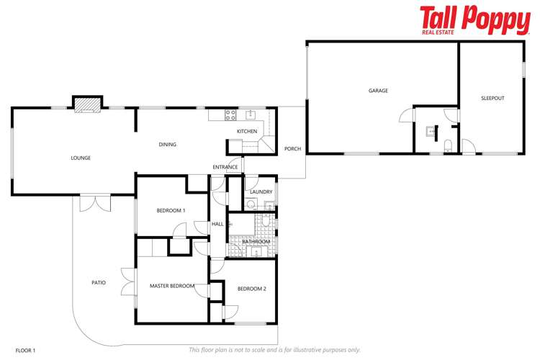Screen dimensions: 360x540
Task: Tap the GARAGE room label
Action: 378,91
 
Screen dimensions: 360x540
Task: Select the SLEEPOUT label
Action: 494,98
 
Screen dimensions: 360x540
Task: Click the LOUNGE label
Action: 81,158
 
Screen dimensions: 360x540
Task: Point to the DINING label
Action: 167,145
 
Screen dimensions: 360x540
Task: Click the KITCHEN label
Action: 247,131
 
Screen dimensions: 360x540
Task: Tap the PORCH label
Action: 292,150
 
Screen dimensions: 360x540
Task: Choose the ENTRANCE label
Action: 225,167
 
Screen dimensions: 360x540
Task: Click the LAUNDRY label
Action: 260,192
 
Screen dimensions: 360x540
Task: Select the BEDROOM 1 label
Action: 171,210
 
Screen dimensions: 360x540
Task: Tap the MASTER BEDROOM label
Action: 172,286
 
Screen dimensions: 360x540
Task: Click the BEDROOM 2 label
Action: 251,289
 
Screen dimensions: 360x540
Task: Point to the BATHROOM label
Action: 256,241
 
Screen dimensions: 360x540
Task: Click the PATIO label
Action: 99,282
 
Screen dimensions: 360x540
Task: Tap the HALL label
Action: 217,224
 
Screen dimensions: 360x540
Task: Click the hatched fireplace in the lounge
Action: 87,105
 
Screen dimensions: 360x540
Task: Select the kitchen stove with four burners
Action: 231,114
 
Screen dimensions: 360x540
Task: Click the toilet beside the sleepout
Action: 448,145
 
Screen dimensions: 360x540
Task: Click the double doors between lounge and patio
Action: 94,202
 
